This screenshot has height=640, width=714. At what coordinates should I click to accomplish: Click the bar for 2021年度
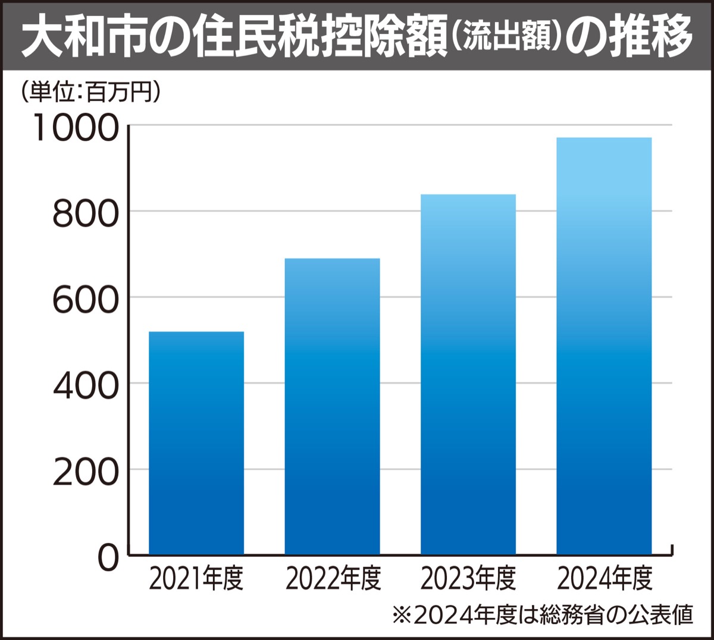196,443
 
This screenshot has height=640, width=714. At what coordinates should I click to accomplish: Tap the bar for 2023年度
468,375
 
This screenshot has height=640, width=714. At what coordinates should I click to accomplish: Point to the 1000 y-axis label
77,127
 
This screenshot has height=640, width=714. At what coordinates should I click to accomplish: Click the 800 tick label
86,214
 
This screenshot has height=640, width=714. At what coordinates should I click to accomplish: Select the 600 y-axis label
86,299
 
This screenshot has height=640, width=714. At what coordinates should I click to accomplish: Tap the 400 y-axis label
86,385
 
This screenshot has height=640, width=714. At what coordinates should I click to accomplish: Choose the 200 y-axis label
86,472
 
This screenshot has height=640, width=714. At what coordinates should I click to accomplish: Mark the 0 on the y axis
108,558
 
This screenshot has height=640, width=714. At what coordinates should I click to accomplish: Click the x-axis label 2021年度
196,579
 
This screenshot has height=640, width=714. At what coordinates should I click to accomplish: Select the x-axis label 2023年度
468,579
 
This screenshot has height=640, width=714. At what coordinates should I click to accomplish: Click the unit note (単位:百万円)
90,93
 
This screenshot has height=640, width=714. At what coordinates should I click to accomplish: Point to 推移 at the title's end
657,37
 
